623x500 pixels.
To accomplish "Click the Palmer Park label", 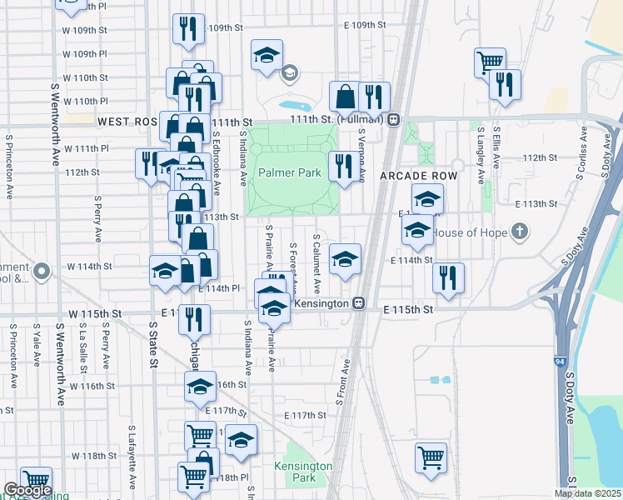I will (289, 173).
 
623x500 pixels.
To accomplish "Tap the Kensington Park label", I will (305, 472).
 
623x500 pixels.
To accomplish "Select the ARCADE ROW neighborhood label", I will (407, 177).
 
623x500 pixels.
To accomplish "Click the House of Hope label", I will (468, 231).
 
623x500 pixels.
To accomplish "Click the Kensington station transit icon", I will (360, 303).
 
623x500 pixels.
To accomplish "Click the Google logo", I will (27, 490).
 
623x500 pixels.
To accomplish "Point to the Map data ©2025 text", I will (587, 493).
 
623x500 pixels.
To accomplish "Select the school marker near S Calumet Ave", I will (344, 258).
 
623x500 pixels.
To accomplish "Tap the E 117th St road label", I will (304, 415).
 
